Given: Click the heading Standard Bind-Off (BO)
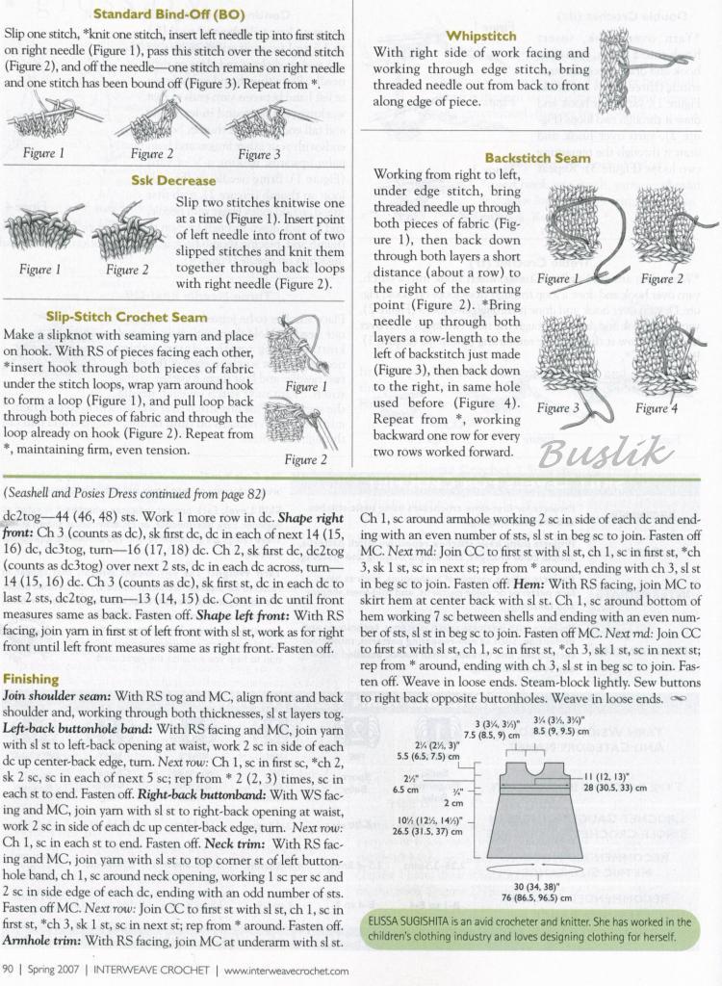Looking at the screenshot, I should pyautogui.click(x=180, y=14).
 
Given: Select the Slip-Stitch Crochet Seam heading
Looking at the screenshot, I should pyautogui.click(x=126, y=317).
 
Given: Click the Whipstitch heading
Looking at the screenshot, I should pyautogui.click(x=482, y=36).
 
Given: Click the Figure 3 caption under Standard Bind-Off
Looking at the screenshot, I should pyautogui.click(x=260, y=154).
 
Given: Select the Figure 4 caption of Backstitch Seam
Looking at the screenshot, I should pyautogui.click(x=657, y=408).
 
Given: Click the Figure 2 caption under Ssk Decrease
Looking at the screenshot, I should pyautogui.click(x=127, y=271).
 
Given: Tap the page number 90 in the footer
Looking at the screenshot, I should pyautogui.click(x=9, y=970).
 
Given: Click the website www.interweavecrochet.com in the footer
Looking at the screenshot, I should pyautogui.click(x=287, y=970).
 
